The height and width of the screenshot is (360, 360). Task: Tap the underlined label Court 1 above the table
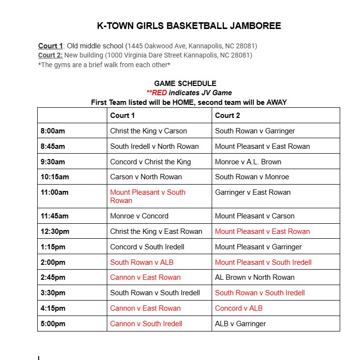[51, 46]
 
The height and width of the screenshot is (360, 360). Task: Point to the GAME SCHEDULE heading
[185, 84]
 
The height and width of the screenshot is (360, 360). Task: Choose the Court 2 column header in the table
[228, 115]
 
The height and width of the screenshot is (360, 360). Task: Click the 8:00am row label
[53, 131]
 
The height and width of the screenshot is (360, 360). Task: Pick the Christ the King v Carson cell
[148, 131]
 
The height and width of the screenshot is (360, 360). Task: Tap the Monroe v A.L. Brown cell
[248, 162]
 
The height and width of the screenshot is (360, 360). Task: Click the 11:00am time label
[55, 192]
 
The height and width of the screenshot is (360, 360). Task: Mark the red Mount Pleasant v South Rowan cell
[147, 196]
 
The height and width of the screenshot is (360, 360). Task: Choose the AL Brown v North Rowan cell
[255, 277]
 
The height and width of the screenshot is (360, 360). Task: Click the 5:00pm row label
[53, 324]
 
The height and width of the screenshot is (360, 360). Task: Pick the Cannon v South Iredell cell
[146, 324]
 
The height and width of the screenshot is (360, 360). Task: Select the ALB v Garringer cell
[240, 324]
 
